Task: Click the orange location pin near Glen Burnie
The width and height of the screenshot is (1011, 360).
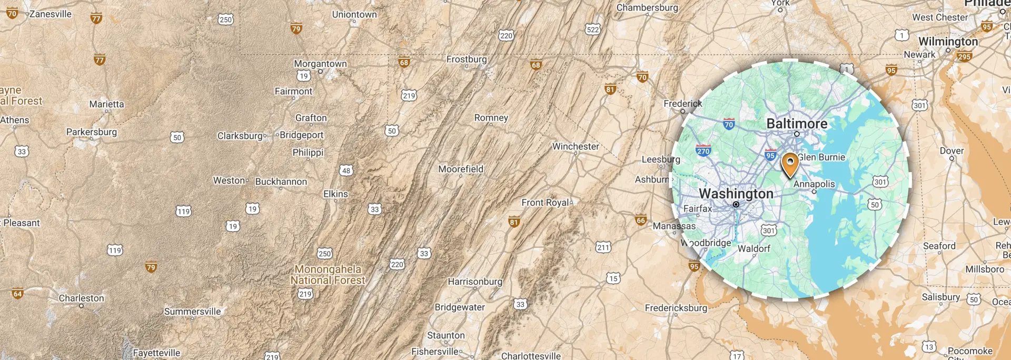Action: coord(790,164)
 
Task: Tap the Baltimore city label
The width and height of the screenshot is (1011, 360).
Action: coord(797,124)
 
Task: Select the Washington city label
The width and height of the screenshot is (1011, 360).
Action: coord(736,194)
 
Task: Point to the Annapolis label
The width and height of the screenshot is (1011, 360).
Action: coord(814,184)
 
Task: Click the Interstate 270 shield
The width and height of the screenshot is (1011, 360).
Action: coord(703,150)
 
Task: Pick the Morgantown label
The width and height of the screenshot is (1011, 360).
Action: coord(320,64)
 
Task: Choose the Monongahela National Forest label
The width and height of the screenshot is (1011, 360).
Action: coord(328,275)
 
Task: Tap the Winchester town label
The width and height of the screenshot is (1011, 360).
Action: coord(576,146)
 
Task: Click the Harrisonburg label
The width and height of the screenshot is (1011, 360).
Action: coord(475,282)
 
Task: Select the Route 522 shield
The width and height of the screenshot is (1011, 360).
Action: coord(593,29)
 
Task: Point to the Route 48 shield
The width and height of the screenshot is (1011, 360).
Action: coord(346,170)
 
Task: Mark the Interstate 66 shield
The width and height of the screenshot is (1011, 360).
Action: coord(641,220)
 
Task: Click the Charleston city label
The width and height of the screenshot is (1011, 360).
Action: coord(82,298)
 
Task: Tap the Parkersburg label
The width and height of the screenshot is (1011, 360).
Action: coord(92,132)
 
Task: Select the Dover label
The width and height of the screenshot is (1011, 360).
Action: coord(951,151)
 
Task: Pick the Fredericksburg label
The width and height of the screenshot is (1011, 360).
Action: coord(676,308)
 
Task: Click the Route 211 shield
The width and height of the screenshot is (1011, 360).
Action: coord(603,247)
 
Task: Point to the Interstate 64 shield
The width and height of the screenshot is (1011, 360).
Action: coord(18,294)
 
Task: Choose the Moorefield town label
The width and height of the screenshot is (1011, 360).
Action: coord(461,169)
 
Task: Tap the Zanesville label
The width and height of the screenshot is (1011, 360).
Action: coord(51,14)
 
